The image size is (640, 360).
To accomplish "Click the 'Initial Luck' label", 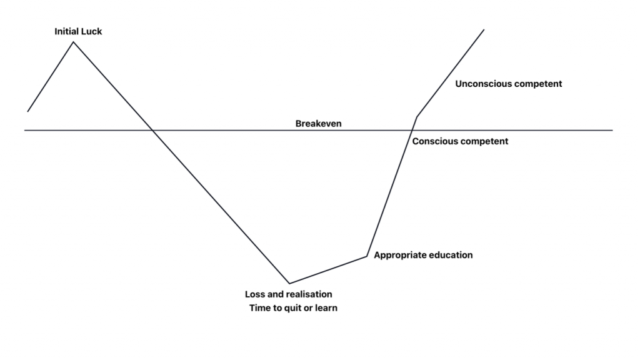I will coord(78,31).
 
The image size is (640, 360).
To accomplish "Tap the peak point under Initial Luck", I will coord(74,42).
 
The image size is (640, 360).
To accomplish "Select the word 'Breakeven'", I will coord(318,124).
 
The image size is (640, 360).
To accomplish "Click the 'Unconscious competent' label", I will coord(509,84).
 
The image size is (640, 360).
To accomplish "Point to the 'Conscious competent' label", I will coord(460,141).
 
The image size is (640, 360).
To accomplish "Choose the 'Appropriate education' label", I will coord(423,255).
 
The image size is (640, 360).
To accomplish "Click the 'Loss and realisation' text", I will coord(289,294).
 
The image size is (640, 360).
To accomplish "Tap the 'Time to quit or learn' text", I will coord(293,308).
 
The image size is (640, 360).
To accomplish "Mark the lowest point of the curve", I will coord(289,283).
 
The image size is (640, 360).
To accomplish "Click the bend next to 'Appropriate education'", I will coord(366,256).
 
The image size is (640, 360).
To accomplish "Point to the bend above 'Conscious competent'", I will coord(417,116).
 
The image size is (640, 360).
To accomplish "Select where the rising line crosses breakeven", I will coord(412,131).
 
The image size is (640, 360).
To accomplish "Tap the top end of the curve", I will coord(484,29).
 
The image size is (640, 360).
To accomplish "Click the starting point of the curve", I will coord(27,111).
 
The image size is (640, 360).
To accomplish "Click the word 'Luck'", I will coord(91,31).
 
